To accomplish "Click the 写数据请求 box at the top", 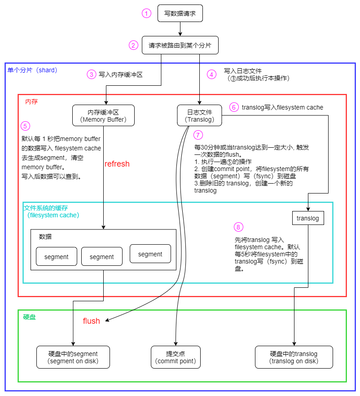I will (180, 13).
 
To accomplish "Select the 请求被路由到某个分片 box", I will (180, 45).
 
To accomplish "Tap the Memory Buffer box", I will (104, 115).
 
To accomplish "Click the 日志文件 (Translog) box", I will (200, 115).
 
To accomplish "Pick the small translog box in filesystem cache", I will (308, 218).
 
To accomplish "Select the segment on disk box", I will (73, 357).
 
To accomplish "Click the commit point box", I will (175, 357).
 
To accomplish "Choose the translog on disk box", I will (294, 357).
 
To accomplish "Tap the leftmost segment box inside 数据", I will (57, 256).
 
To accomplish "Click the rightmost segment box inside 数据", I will (150, 254).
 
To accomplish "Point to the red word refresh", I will (117, 164).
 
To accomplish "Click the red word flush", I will (92, 321).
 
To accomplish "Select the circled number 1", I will (146, 13).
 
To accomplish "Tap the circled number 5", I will (26, 126).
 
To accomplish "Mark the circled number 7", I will (198, 135).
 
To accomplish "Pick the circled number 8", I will (238, 227).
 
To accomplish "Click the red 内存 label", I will (31, 101).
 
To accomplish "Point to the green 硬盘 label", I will (29, 317).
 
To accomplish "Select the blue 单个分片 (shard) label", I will (32, 70).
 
